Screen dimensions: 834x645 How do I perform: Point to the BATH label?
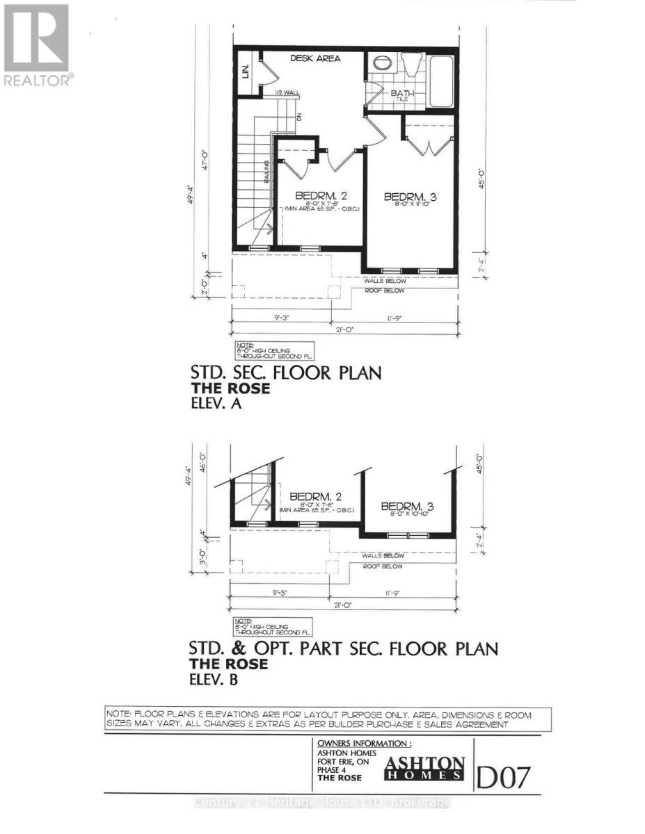pyautogui.click(x=401, y=93)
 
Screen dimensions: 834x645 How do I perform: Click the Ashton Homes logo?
pyautogui.click(x=426, y=767)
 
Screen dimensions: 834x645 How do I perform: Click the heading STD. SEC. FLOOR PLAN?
pyautogui.click(x=285, y=373)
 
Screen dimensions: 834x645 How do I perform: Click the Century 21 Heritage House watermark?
pyautogui.click(x=322, y=802)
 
